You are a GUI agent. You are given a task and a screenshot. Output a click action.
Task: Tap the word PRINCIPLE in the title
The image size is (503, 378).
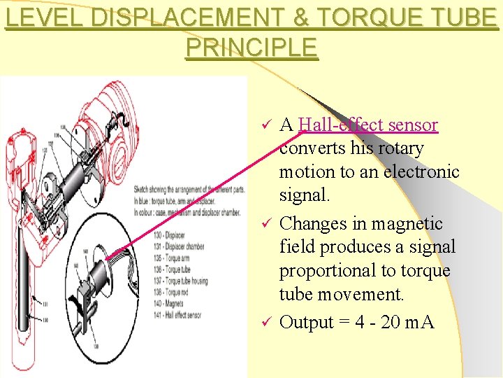251,48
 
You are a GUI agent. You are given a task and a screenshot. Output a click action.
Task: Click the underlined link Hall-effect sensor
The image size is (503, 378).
367,125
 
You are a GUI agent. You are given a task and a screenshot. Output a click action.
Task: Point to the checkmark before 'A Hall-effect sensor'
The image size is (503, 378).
265,125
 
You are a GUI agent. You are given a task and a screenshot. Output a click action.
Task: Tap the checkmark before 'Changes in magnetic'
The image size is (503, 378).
265,224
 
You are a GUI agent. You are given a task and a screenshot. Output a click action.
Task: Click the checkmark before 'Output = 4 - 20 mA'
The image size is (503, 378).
265,323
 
